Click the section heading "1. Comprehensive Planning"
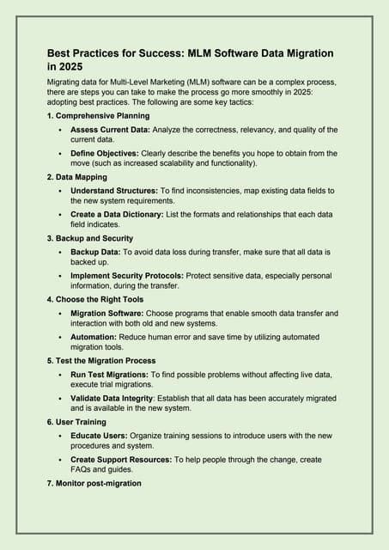(99, 115)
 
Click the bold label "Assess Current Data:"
(113, 130)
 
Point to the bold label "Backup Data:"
(98, 253)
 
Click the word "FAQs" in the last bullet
(83, 469)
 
